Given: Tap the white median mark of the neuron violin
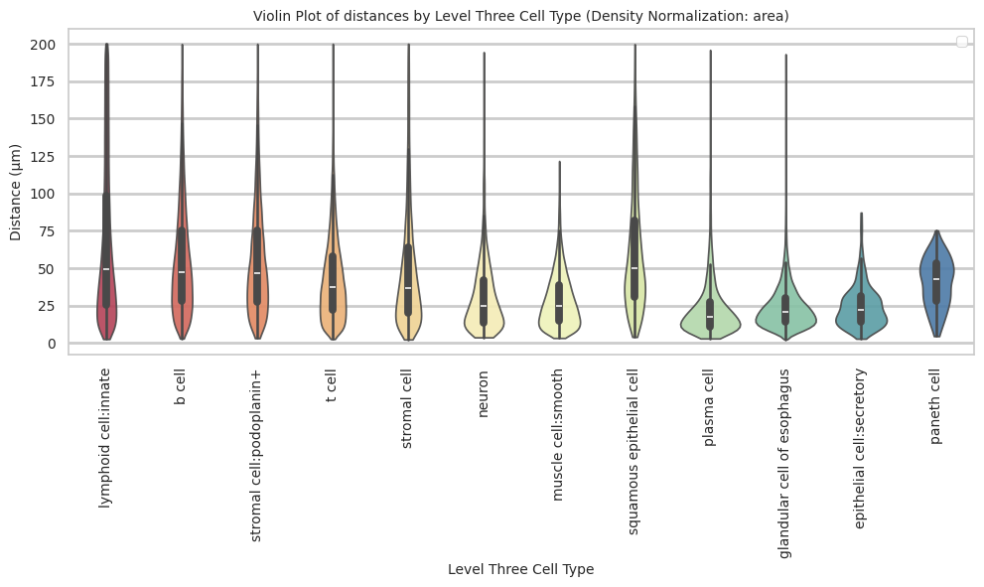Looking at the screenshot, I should (x=484, y=305).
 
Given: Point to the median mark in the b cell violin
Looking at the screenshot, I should (x=182, y=272).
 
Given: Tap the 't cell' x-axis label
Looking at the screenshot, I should (x=333, y=383).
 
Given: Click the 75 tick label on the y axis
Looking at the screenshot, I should (x=46, y=231).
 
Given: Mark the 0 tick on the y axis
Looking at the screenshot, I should (x=52, y=344).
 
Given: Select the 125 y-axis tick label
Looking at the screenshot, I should (x=43, y=157).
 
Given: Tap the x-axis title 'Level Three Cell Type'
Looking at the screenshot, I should (x=520, y=569).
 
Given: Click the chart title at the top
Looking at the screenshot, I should (x=520, y=16).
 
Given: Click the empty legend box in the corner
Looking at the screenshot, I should (x=961, y=41).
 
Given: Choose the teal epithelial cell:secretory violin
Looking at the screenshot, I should (x=861, y=318).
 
